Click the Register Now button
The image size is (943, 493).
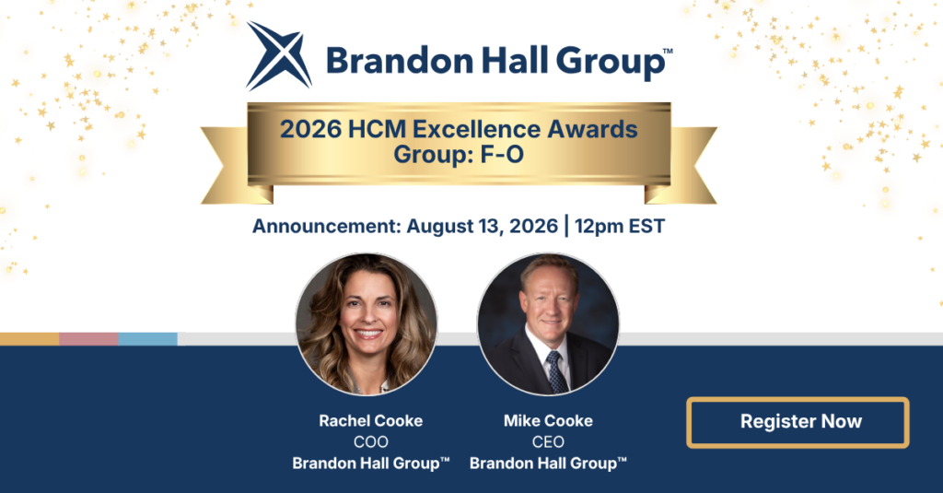coord(797,422)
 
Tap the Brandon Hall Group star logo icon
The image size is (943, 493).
coord(279,55)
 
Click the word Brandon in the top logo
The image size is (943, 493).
coord(400,61)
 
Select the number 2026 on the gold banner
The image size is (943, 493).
coord(311,129)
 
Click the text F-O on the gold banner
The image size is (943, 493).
coord(502,155)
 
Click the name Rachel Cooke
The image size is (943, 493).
coord(370,421)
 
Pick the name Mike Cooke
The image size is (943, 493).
coord(548,421)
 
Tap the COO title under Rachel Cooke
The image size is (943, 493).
coord(370,441)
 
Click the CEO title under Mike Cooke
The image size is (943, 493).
coord(548,441)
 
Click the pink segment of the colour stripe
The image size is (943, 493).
coord(88,339)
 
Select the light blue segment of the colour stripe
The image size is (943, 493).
coord(148,339)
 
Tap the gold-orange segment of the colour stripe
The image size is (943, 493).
coord(29,339)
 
